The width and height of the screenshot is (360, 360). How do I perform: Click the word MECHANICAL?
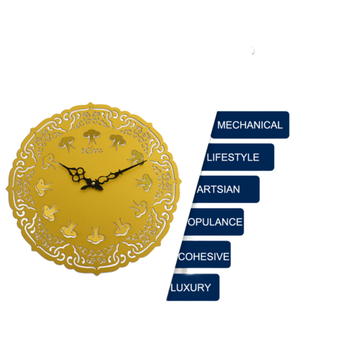(x=250, y=125)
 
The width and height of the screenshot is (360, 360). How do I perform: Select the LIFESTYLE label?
(x=233, y=158)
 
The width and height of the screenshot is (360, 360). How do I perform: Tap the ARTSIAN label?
(x=218, y=189)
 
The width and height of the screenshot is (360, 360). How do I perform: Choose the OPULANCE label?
(x=215, y=222)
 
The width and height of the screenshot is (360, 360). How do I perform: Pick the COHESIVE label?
(x=204, y=256)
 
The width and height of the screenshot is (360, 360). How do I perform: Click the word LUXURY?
(x=191, y=287)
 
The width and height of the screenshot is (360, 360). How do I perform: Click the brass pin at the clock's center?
(x=93, y=184)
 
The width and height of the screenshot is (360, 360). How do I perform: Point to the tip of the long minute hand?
(x=146, y=161)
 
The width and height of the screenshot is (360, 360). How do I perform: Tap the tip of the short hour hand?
(x=59, y=163)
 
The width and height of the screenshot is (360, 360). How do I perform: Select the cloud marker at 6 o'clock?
(x=96, y=235)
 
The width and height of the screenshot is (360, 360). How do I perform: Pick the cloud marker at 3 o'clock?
(x=144, y=182)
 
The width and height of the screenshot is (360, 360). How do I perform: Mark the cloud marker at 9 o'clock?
(x=43, y=186)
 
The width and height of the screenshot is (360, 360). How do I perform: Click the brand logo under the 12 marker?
(x=92, y=150)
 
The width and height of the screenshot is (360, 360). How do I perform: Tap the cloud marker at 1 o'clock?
(x=117, y=142)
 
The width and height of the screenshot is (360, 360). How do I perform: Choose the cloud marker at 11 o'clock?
(x=67, y=143)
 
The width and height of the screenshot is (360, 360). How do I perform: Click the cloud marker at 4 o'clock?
(x=139, y=208)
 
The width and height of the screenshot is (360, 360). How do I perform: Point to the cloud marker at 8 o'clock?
(x=51, y=212)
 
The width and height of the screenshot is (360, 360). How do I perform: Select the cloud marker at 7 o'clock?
(x=69, y=229)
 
